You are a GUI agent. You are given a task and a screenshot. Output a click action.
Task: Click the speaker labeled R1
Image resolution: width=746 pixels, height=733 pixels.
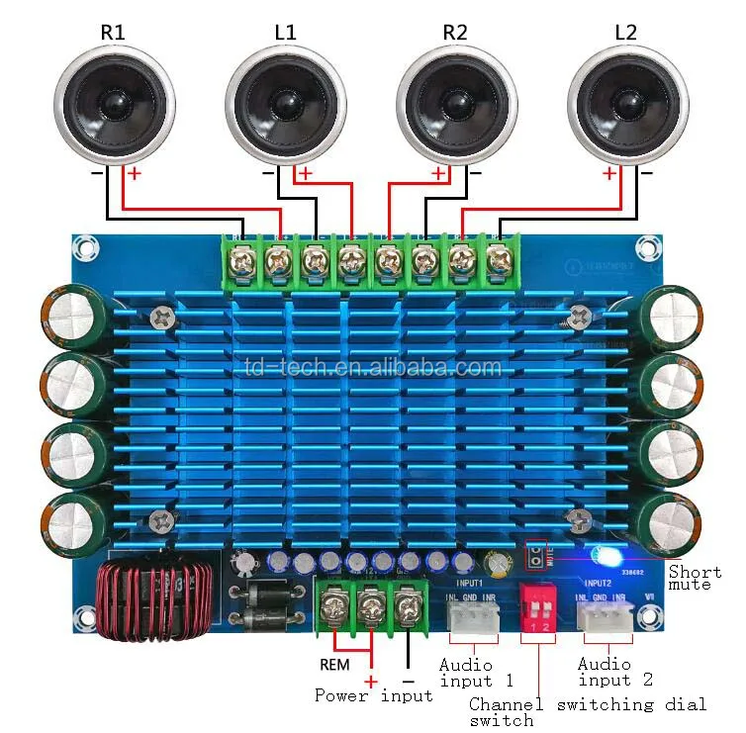pos(114,101)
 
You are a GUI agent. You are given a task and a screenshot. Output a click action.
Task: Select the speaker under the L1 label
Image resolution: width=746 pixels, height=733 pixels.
pos(285,101)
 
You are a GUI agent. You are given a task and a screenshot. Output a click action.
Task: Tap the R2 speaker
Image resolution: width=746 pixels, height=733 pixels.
pos(456,101)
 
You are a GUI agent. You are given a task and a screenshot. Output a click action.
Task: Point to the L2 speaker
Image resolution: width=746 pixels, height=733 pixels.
pos(627,101)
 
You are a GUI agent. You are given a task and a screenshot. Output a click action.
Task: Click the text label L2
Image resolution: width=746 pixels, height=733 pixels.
pos(626,31)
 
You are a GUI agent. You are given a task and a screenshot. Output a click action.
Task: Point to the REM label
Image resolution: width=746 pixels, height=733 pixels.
pos(334,664)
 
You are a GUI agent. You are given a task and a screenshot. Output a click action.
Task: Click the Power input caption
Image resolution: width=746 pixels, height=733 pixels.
pos(373,695)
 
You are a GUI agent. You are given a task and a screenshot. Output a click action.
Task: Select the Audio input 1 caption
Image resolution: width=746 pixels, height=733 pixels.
pos(476,673)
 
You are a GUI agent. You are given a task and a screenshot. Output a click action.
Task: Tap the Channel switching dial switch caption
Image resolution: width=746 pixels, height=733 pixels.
pos(588,712)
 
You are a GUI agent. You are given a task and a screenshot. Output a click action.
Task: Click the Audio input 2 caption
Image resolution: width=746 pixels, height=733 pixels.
pos(615,672)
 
